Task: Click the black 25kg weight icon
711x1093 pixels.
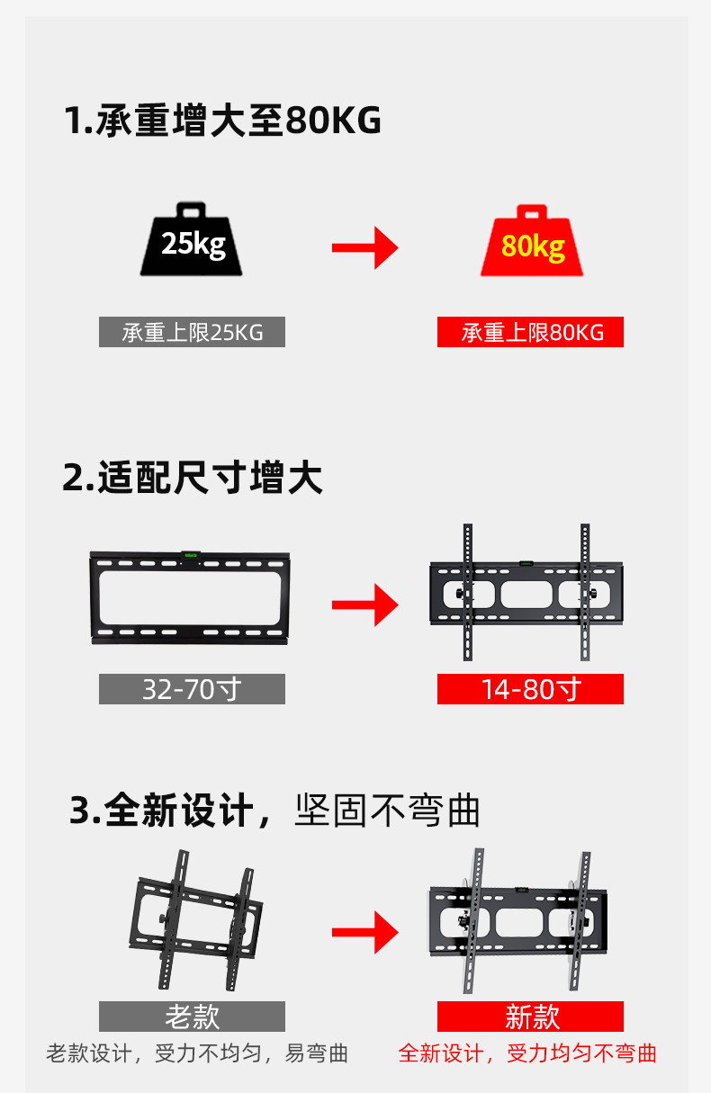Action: coord(192,240)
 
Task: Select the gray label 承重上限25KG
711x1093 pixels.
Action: coord(192,333)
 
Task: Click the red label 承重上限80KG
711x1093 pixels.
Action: coord(530,333)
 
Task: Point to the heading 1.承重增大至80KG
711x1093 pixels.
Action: coord(223,121)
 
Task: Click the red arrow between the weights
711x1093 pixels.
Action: coord(364,247)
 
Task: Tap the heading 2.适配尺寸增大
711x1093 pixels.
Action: coord(193,478)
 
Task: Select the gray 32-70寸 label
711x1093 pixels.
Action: coord(192,689)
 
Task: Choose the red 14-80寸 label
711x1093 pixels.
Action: coord(530,689)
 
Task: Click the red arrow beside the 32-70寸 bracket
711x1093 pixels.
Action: coord(364,605)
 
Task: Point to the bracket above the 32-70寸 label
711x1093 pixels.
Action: coord(190,598)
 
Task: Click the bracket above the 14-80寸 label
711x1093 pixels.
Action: coord(526,594)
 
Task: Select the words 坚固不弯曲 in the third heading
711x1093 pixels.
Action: coord(387,811)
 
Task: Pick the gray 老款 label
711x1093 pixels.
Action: coord(192,1017)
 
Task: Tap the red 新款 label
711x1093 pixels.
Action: coord(530,1017)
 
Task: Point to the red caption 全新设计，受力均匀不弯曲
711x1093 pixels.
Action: coord(527,1053)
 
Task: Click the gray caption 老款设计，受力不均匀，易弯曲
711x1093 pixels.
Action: coord(197,1053)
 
